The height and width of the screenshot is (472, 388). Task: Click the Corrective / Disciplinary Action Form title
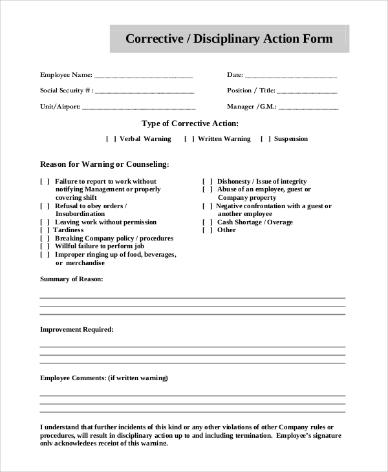coord(229,39)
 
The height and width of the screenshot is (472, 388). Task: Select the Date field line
coord(291,76)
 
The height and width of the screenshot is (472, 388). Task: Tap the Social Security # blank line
coord(145,92)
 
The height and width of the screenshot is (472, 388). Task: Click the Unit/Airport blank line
coord(139,108)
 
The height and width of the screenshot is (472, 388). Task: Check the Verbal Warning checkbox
coord(111,139)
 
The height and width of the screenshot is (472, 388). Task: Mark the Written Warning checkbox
coord(189,139)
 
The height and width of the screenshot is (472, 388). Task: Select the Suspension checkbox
coord(266,139)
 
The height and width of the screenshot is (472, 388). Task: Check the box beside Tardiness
coord(45,230)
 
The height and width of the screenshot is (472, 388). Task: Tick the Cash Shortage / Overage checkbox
coord(207,222)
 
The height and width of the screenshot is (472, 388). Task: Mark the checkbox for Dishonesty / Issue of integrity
coord(207,182)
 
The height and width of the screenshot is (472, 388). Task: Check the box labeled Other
coord(207,230)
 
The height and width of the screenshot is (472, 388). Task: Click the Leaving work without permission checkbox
coord(45,222)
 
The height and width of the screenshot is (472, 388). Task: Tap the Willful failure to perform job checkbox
coord(45,246)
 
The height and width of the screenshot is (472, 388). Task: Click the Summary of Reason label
coord(71,279)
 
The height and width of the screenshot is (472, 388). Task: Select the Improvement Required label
coord(76,330)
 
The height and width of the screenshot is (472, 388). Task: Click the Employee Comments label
coord(103,378)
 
